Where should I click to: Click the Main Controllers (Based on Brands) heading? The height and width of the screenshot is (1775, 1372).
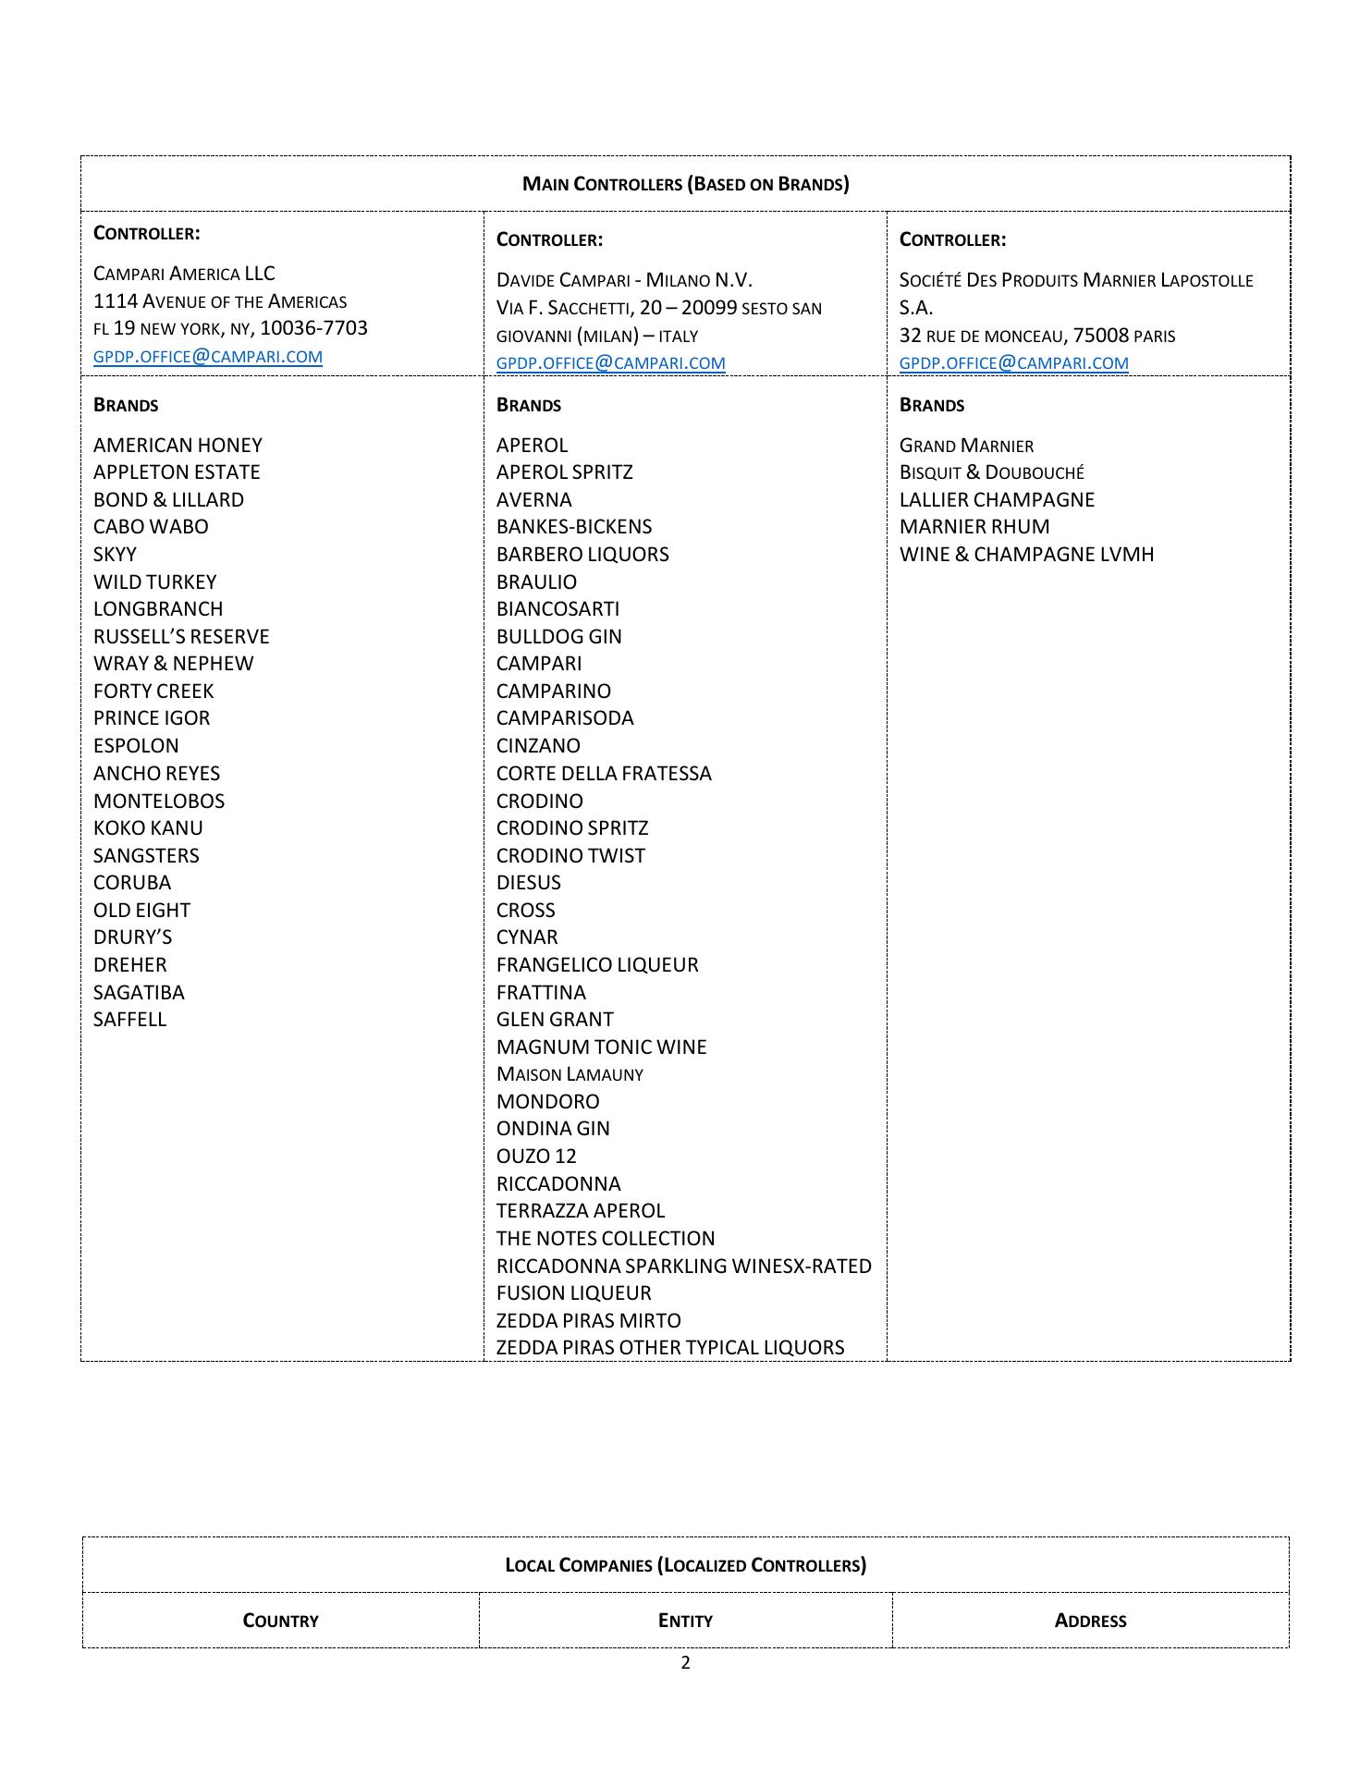pyautogui.click(x=685, y=183)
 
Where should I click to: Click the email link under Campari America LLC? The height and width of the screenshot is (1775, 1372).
pyautogui.click(x=208, y=357)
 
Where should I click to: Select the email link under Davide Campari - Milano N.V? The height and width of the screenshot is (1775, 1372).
pyautogui.click(x=610, y=363)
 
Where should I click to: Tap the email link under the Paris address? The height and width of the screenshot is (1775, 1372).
pyautogui.click(x=1013, y=363)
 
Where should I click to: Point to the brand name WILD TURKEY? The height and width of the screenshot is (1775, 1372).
pyautogui.click(x=154, y=582)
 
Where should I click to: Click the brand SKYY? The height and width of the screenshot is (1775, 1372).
pyautogui.click(x=115, y=555)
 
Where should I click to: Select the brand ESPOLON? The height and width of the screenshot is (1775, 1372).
pyautogui.click(x=136, y=746)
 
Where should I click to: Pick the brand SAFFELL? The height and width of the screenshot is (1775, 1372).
pyautogui.click(x=129, y=1020)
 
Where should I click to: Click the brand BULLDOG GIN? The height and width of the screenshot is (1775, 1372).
pyautogui.click(x=558, y=637)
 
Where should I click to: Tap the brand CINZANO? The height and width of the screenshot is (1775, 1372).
pyautogui.click(x=538, y=746)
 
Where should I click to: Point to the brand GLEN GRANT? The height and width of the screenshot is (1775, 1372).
pyautogui.click(x=555, y=1020)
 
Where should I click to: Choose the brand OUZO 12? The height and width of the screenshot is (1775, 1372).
pyautogui.click(x=536, y=1157)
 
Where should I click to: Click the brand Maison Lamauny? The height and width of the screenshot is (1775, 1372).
pyautogui.click(x=570, y=1074)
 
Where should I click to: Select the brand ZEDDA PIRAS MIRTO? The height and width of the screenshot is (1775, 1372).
pyautogui.click(x=588, y=1321)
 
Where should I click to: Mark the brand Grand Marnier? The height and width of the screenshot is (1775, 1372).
pyautogui.click(x=966, y=446)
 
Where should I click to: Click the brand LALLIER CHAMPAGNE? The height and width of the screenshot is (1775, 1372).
pyautogui.click(x=997, y=500)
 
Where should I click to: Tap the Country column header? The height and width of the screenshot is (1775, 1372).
pyautogui.click(x=280, y=1621)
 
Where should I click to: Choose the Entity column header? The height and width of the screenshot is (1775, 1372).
pyautogui.click(x=685, y=1621)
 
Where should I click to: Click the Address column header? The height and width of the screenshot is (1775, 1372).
pyautogui.click(x=1090, y=1621)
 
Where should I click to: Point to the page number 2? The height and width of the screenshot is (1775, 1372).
pyautogui.click(x=685, y=1663)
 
